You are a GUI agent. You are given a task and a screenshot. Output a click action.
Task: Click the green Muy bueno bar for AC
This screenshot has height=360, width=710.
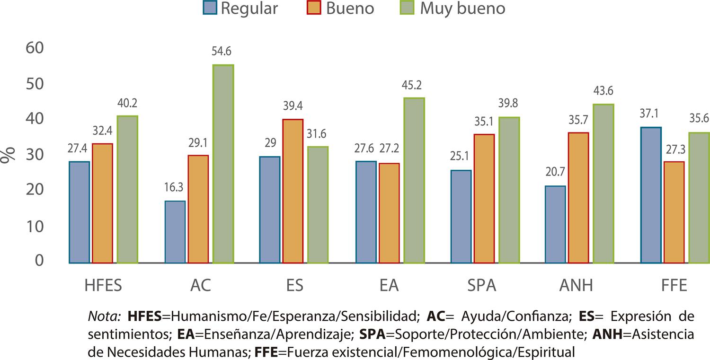click(223, 164)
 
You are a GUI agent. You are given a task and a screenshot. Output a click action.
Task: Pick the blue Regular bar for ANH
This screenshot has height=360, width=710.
click(555, 224)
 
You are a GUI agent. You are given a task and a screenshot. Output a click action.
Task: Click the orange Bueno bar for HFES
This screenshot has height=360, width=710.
click(102, 203)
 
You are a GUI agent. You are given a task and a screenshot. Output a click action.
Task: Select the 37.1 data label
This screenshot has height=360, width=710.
click(651, 114)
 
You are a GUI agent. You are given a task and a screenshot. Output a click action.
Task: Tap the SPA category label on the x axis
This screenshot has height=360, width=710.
click(483, 286)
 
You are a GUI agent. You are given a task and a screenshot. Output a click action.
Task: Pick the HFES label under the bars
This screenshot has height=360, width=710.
click(103, 286)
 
